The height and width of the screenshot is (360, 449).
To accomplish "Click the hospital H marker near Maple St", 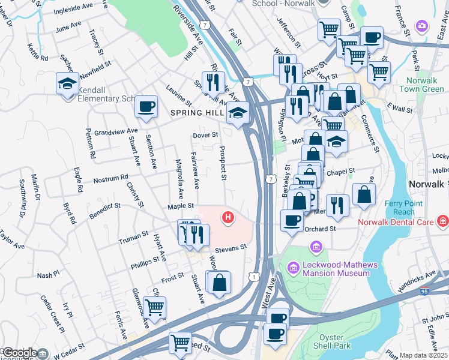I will click(228, 217).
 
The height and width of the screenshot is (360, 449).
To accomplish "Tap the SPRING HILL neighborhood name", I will click(196, 113).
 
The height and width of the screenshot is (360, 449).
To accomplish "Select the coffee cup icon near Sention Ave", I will click(146, 106).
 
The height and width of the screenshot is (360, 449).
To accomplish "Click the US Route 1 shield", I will click(254, 276).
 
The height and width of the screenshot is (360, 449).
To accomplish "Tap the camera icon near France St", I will click(422, 26).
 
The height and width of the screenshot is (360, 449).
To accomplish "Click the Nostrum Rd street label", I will click(110, 179).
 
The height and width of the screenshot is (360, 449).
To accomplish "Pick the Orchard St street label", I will click(319, 229).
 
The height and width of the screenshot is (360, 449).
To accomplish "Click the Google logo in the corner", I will click(20, 353).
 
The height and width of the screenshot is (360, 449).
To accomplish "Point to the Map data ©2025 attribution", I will click(423, 355).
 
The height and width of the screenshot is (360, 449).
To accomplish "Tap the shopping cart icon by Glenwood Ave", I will click(155, 307).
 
